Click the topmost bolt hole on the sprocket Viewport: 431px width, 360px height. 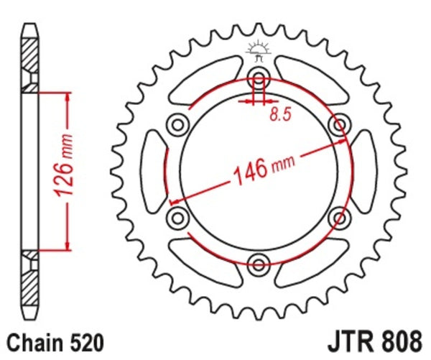(x=258, y=79)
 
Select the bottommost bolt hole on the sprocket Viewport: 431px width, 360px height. (x=258, y=261)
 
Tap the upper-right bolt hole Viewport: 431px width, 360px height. (x=337, y=125)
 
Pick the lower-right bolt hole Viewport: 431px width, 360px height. (x=337, y=215)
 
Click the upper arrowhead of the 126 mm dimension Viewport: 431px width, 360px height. (x=68, y=96)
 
